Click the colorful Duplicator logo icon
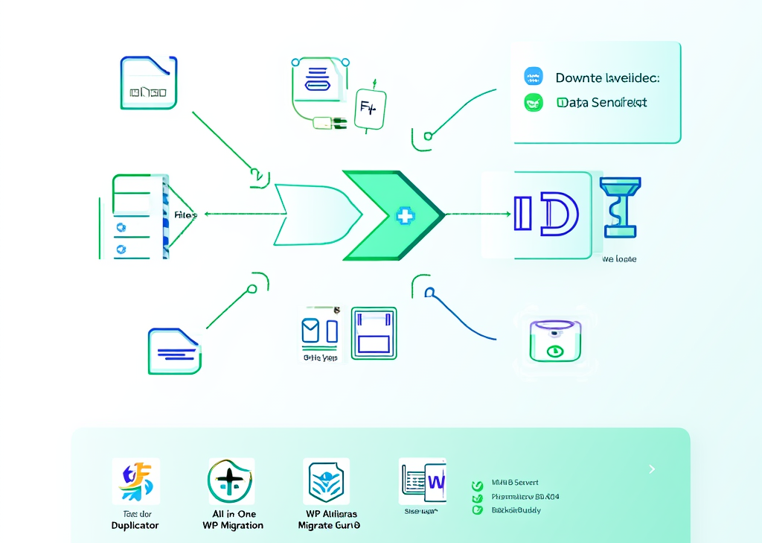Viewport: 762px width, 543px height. [x=135, y=481]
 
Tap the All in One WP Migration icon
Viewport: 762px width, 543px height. [x=231, y=481]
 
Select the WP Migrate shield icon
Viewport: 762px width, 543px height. [x=326, y=481]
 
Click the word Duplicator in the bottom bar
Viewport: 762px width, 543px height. [x=135, y=525]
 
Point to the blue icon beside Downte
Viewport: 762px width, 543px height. [x=534, y=77]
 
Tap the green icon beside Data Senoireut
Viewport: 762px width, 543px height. [x=534, y=103]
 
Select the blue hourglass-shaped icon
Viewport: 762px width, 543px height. [x=621, y=206]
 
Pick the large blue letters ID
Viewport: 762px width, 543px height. [x=545, y=215]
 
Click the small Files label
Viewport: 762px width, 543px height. [x=185, y=215]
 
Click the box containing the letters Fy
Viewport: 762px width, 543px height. [x=368, y=107]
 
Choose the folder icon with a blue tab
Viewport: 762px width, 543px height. [x=148, y=83]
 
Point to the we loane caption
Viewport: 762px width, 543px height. [x=618, y=259]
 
